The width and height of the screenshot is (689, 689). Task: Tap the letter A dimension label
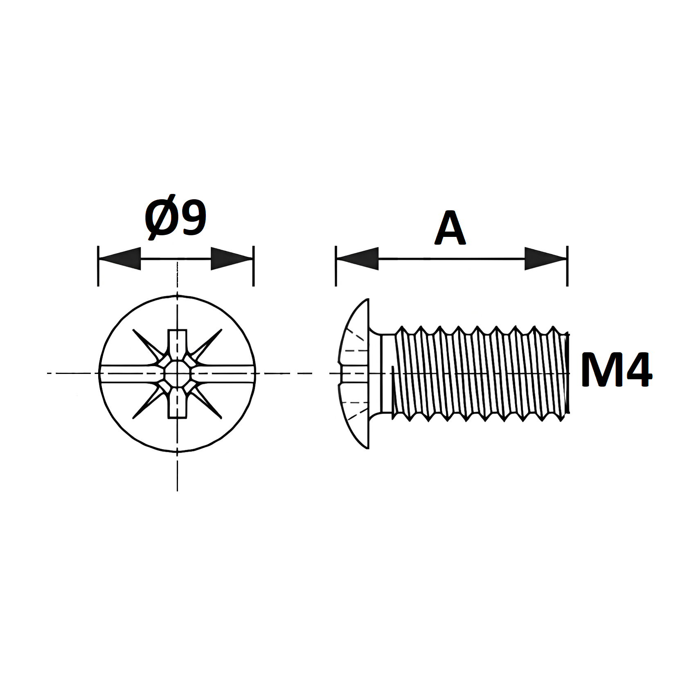(x=450, y=228)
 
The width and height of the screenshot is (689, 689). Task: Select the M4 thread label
(x=616, y=370)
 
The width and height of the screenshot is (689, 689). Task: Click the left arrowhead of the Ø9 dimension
(x=120, y=259)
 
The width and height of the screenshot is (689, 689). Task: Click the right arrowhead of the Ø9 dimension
(x=232, y=259)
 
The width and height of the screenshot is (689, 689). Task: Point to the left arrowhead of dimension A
(x=358, y=259)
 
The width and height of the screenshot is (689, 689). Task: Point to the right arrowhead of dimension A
(x=546, y=259)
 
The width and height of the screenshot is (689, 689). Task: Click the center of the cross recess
(x=177, y=373)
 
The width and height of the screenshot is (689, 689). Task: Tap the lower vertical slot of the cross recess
(x=177, y=402)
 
